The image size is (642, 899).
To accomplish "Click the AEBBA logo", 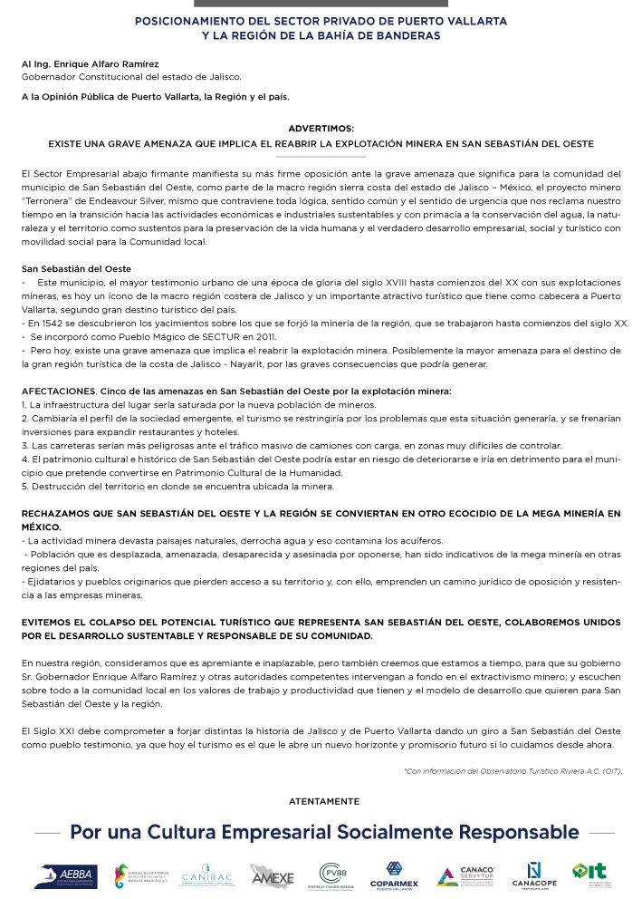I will pos(55,875).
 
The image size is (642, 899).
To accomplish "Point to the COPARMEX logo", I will pos(394,875).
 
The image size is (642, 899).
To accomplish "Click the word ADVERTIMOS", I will pos(321,130).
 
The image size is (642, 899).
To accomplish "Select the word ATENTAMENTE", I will pos(323,801).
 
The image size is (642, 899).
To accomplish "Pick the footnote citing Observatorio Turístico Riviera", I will pos(513,771).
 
